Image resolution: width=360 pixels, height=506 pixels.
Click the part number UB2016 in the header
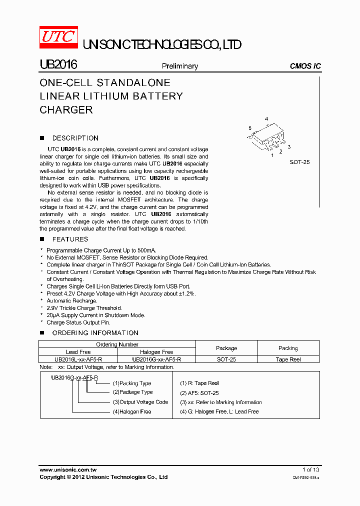pyautogui.click(x=57, y=65)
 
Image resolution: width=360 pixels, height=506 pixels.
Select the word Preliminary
pyautogui.click(x=179, y=66)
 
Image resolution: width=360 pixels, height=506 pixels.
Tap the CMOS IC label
pyautogui.click(x=305, y=66)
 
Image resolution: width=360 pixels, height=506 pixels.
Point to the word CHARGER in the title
pyautogui.click(x=66, y=110)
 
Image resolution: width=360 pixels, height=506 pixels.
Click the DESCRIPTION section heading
pyautogui.click(x=75, y=138)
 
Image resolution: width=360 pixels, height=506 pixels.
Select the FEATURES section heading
pyautogui.click(x=70, y=239)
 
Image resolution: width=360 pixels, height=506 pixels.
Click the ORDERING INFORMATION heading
pyautogui.click(x=95, y=332)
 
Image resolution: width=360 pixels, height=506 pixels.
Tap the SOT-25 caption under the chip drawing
pyautogui.click(x=299, y=162)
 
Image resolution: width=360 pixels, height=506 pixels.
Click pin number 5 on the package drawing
pyautogui.click(x=250, y=128)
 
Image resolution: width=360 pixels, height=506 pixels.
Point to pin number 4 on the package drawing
pyautogui.click(x=266, y=119)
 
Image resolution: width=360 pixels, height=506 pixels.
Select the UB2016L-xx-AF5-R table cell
pyautogui.click(x=78, y=359)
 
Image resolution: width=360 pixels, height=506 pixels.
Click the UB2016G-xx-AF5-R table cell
pyautogui.click(x=156, y=359)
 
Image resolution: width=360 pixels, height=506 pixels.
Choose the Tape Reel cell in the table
pyautogui.click(x=288, y=359)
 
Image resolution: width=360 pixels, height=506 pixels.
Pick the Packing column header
pyautogui.click(x=288, y=348)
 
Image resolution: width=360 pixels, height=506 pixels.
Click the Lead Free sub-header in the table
pyautogui.click(x=78, y=352)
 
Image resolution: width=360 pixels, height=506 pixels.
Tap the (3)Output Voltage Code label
pyautogui.click(x=140, y=402)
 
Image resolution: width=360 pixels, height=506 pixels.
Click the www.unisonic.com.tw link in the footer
pyautogui.click(x=67, y=469)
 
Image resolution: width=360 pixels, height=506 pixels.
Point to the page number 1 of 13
pyautogui.click(x=310, y=469)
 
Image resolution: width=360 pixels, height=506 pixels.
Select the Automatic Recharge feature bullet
pyautogui.click(x=71, y=301)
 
